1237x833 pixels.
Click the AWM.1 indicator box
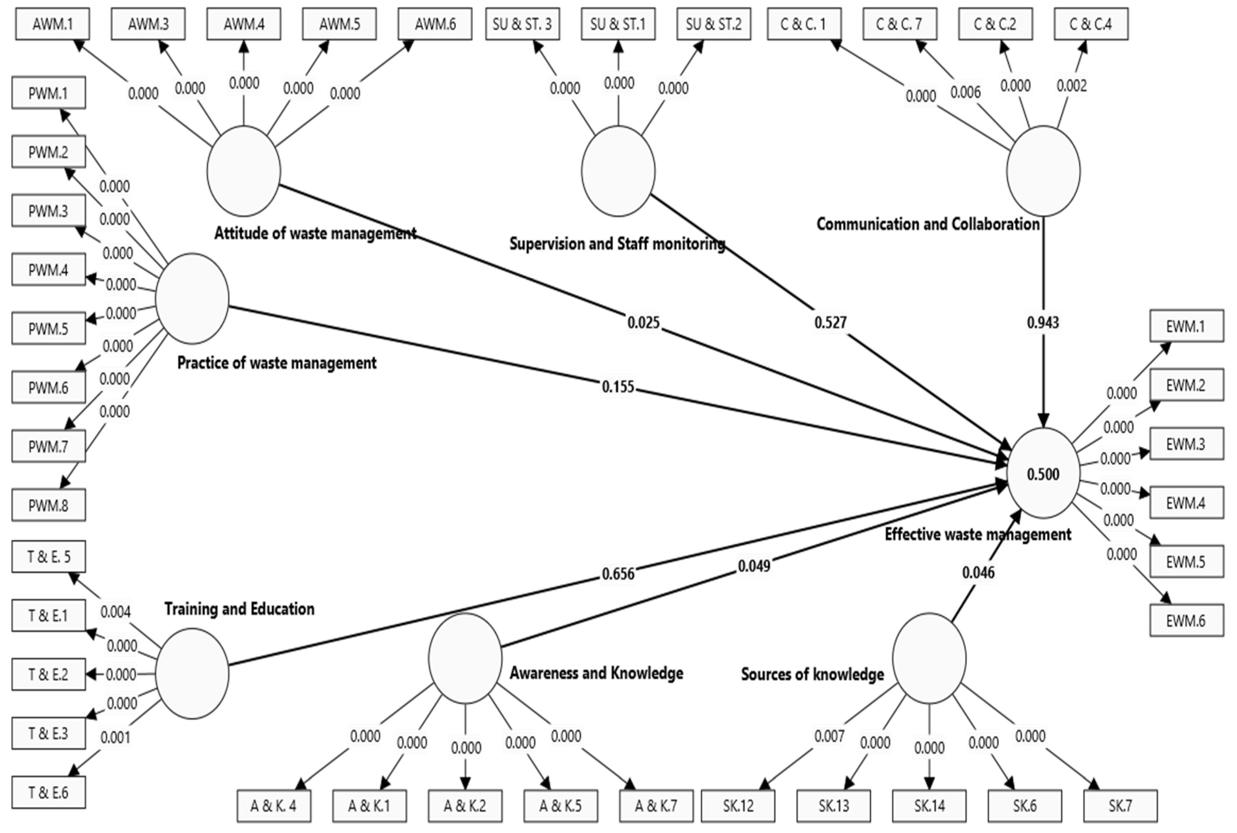pyautogui.click(x=52, y=24)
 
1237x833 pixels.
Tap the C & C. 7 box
pyautogui.click(x=899, y=24)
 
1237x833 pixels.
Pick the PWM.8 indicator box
pyautogui.click(x=48, y=505)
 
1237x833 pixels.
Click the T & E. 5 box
pyautogui.click(x=48, y=557)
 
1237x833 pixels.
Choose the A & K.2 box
pyautogui.click(x=465, y=806)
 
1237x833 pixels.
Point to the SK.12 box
pyautogui.click(x=738, y=806)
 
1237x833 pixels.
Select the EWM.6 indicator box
pyautogui.click(x=1186, y=621)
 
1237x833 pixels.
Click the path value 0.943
pyautogui.click(x=1043, y=322)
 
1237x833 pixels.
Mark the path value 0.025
pyautogui.click(x=643, y=322)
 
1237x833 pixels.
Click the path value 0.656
pyautogui.click(x=618, y=574)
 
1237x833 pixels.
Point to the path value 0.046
pyautogui.click(x=978, y=573)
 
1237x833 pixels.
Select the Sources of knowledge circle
pyautogui.click(x=929, y=659)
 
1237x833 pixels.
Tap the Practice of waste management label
pyautogui.click(x=276, y=363)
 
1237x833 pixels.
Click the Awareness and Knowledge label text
pyautogui.click(x=596, y=673)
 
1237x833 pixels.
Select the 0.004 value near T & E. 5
pyautogui.click(x=115, y=612)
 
